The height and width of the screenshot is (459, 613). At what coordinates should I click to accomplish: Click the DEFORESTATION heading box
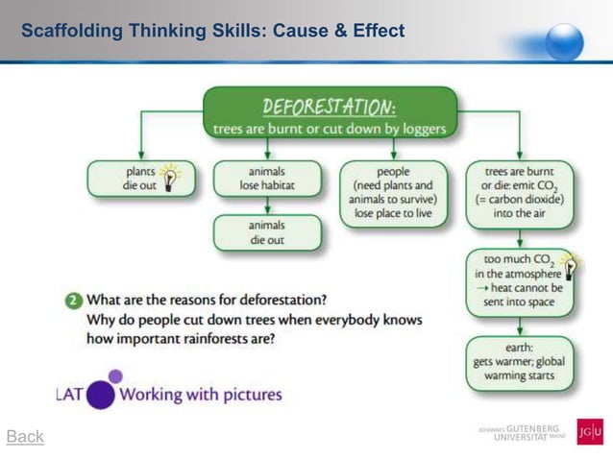330,112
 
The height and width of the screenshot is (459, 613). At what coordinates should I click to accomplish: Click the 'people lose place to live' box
393,193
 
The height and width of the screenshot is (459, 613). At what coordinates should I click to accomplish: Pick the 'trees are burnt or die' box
519,193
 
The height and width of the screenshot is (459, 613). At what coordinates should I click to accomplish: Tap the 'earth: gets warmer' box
519,362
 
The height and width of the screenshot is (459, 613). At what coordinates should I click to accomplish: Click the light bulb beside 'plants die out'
171,177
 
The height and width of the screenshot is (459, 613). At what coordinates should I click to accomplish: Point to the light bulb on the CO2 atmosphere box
570,265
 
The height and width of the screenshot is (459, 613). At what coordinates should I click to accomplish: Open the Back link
25,437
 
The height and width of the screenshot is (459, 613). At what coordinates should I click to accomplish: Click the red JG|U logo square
589,431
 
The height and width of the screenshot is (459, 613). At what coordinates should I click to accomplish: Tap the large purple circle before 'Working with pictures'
101,394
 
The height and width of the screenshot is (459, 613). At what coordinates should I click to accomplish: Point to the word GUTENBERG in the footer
531,426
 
